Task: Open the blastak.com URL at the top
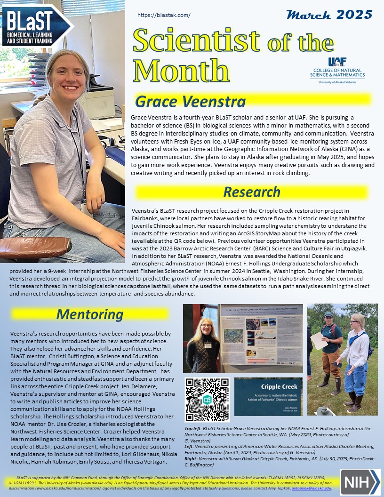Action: click(164, 15)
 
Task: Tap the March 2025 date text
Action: click(329, 14)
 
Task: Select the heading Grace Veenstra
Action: click(190, 101)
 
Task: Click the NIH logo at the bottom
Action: click(360, 481)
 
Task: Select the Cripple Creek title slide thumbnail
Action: click(269, 396)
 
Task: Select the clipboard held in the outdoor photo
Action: click(319, 340)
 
